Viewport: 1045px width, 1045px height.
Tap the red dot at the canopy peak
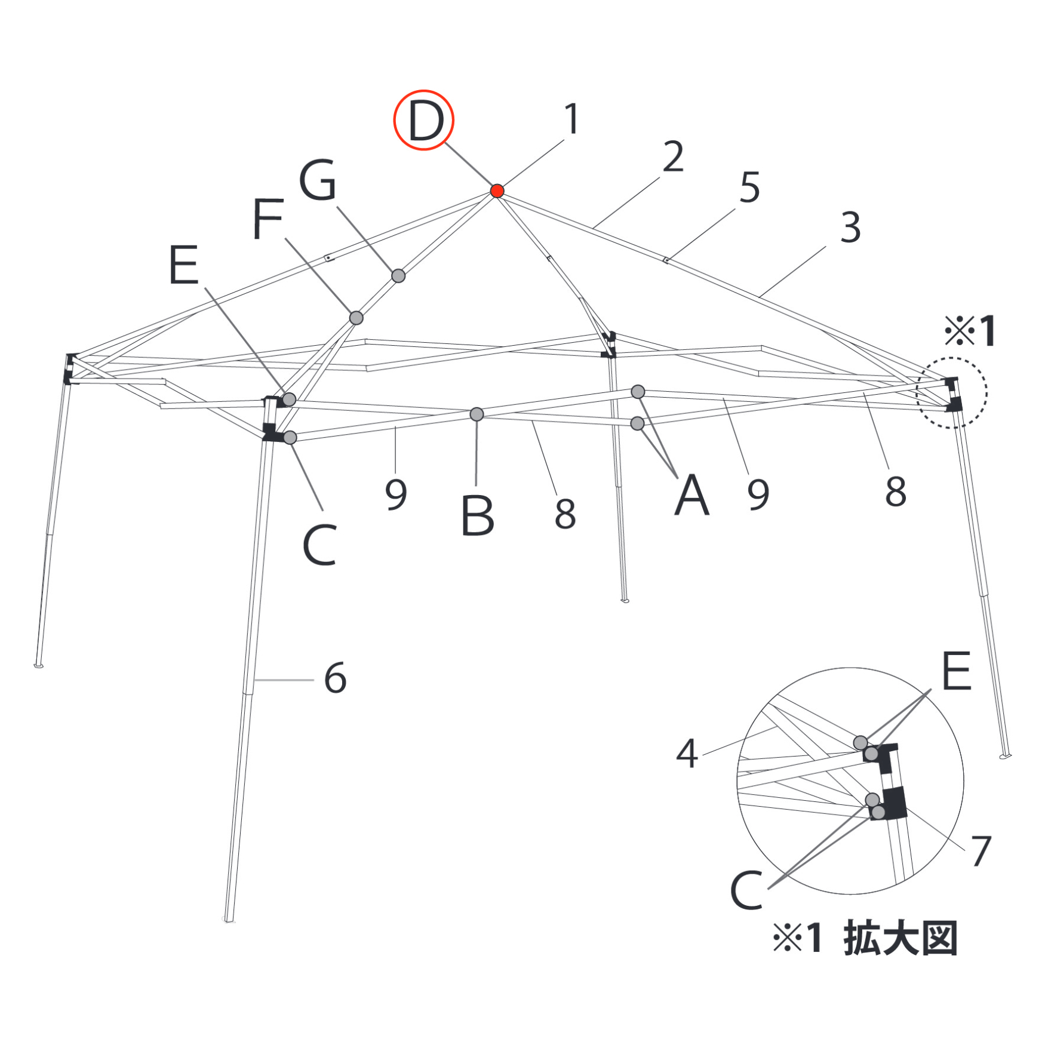click(x=497, y=190)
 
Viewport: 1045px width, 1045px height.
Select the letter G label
click(x=318, y=179)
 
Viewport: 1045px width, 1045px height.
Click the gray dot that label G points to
click(x=398, y=276)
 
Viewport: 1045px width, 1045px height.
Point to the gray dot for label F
click(x=356, y=318)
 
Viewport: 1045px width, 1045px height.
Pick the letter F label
click(x=268, y=219)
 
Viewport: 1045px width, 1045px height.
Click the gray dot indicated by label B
click(x=477, y=414)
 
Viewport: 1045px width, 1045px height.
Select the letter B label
click(x=478, y=515)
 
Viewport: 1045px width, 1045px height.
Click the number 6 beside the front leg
click(x=336, y=678)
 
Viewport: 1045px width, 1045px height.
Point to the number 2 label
click(x=673, y=156)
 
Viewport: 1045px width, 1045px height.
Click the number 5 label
click(x=750, y=187)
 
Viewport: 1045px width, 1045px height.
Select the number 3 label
click(x=850, y=228)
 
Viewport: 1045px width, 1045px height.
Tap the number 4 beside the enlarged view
click(x=687, y=754)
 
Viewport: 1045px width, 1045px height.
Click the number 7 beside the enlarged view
click(x=981, y=850)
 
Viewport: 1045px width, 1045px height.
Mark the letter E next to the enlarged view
click(x=957, y=671)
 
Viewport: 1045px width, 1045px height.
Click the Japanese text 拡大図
click(x=901, y=938)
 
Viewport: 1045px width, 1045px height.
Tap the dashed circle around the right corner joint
click(x=917, y=392)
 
